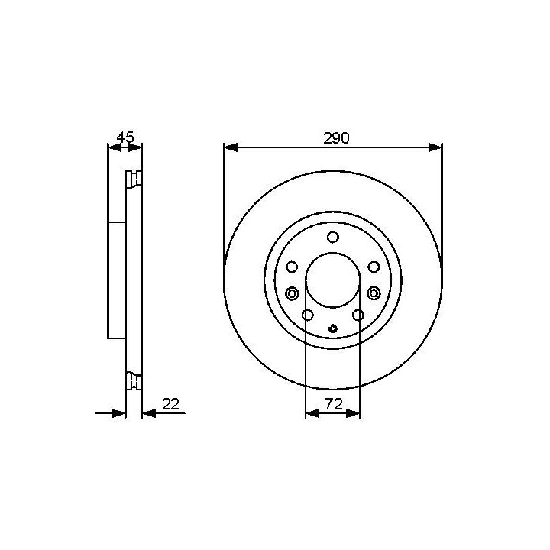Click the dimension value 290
[x=336, y=138]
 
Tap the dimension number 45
[x=125, y=137]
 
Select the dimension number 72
[x=334, y=404]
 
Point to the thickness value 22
[x=171, y=404]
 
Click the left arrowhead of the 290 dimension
[x=231, y=147]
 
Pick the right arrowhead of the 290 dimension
[x=435, y=147]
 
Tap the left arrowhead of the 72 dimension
[x=312, y=413]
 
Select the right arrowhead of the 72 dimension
[x=353, y=413]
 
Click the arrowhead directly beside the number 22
[x=150, y=413]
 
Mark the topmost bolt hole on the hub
[x=333, y=238]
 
